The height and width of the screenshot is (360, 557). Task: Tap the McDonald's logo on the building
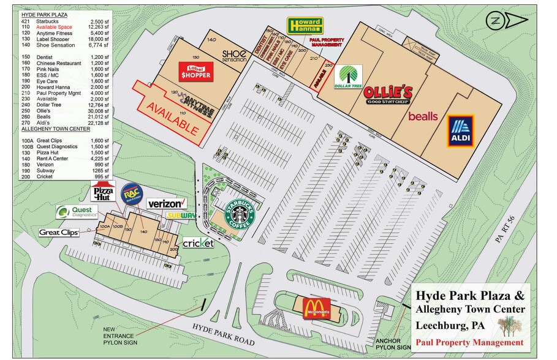point(313,306)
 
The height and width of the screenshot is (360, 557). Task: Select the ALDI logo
point(461,131)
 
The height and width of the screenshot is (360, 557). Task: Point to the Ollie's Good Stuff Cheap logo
point(388,95)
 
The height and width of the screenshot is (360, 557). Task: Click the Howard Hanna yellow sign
point(305,26)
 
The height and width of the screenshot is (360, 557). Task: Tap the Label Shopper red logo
point(194,72)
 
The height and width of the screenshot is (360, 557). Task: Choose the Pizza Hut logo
point(102,191)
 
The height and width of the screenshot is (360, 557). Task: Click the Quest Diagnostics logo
point(77,212)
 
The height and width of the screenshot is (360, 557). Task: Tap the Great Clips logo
point(59,232)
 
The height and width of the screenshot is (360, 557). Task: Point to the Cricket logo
point(198,243)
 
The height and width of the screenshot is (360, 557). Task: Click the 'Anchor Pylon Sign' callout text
point(386,345)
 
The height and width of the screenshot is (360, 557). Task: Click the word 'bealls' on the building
point(423,116)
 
